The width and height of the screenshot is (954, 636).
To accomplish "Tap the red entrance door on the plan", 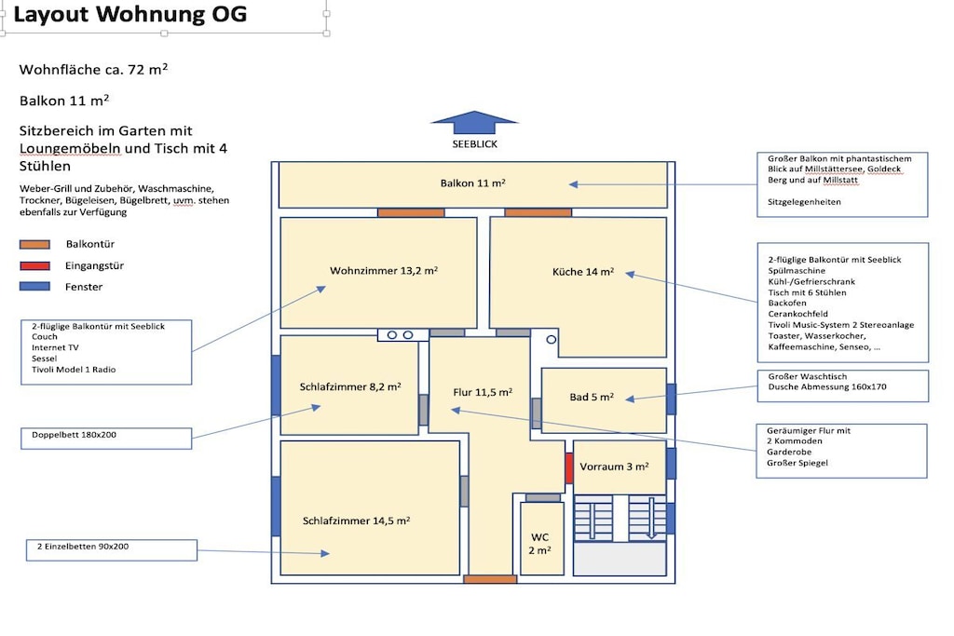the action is coord(569,468).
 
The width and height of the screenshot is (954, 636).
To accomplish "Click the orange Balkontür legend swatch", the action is coord(34,244).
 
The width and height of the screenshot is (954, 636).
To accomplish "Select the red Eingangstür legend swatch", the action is coord(34,265).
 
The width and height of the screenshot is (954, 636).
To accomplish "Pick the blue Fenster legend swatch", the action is coord(34,287).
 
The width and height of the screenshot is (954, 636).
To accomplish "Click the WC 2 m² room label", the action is coord(539,544).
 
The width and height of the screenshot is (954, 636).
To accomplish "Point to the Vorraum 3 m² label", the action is coord(614,467).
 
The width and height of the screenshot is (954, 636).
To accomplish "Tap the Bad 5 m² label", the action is coord(592,397).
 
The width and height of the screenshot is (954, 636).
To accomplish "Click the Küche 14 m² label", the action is coord(583,272).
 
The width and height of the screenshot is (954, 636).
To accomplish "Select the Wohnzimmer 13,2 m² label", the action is coord(384,271).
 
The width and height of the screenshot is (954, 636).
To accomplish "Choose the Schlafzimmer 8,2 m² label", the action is coord(350,386).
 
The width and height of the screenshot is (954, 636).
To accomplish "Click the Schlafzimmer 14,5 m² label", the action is coord(356,521).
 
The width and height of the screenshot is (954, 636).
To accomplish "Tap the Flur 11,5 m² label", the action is coord(483,392).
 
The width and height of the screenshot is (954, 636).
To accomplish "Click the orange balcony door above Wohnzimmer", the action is coord(411,213).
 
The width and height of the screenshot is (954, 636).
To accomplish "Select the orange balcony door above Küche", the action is coord(538,213).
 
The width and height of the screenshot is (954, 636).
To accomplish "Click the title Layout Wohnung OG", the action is coord(130,15).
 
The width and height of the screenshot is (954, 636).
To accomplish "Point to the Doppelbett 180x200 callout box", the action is coord(106,439).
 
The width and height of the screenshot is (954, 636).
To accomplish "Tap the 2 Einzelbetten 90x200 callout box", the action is coord(112,549).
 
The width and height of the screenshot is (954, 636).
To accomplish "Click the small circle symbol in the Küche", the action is coord(552,340).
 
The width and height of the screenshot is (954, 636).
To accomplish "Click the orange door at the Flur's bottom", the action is coord(490,579).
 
